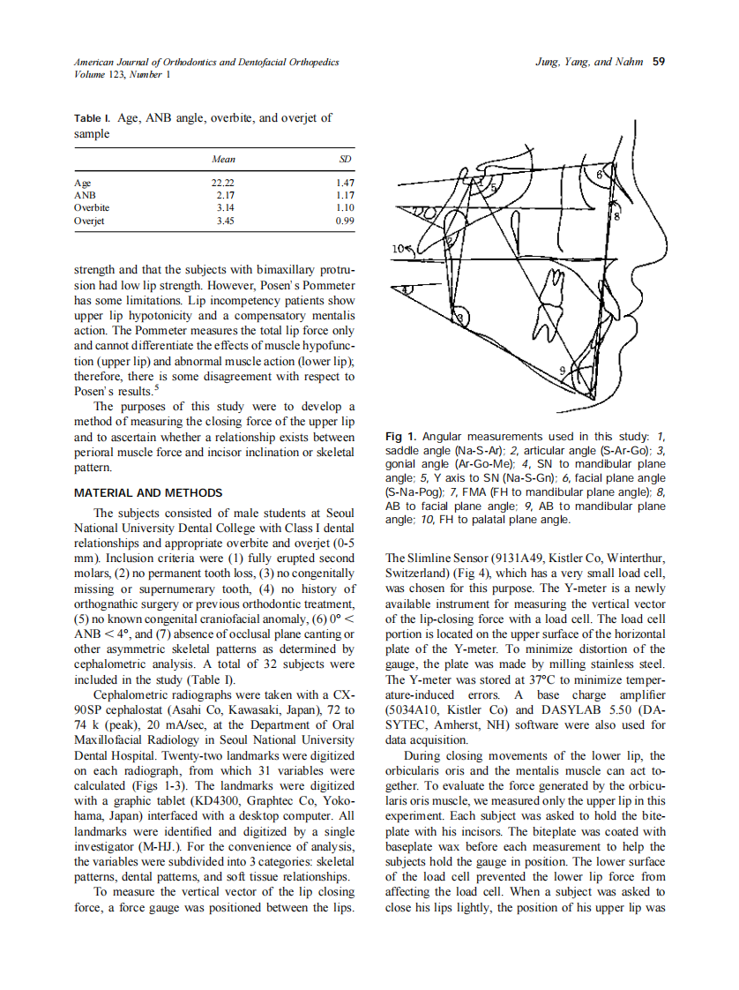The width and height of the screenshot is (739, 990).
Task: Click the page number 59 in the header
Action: [x=657, y=62]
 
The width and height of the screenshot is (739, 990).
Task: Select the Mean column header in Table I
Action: [x=224, y=160]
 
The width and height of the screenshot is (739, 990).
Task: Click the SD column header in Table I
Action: [x=345, y=160]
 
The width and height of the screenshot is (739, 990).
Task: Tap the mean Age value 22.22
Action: [x=224, y=181]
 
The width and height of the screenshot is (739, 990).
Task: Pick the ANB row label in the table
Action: [x=85, y=194]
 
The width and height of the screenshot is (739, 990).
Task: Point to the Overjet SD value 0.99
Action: [x=344, y=221]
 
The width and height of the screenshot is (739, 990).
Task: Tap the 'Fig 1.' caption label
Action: [x=401, y=437]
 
